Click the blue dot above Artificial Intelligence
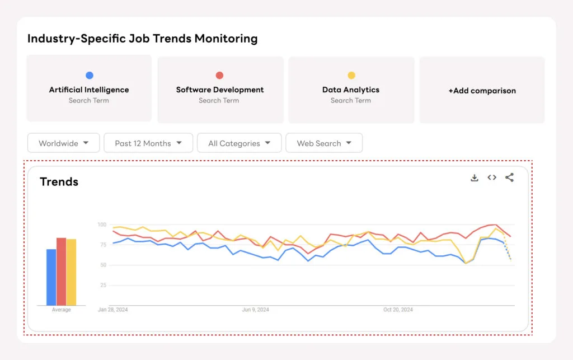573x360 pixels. pos(89,75)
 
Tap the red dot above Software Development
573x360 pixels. pos(219,75)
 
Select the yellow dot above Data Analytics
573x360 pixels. pos(351,75)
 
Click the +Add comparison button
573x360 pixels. pos(482,90)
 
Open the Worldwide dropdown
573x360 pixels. pos(63,143)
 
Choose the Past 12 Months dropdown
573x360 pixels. pos(148,143)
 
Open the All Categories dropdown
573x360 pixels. pos(239,143)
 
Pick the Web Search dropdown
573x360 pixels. pos(324,143)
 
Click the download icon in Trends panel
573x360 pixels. pos(475,177)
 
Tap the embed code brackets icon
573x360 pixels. pos(492,177)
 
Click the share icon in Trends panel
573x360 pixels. pos(509,177)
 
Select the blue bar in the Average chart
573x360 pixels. pos(51,277)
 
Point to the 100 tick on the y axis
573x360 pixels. pos(101,225)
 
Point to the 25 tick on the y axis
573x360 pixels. pos(102,285)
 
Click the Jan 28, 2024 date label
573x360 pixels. pos(112,310)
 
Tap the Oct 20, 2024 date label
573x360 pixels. pos(398,310)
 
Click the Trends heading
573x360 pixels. pos(59,181)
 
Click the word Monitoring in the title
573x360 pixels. pos(226,39)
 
